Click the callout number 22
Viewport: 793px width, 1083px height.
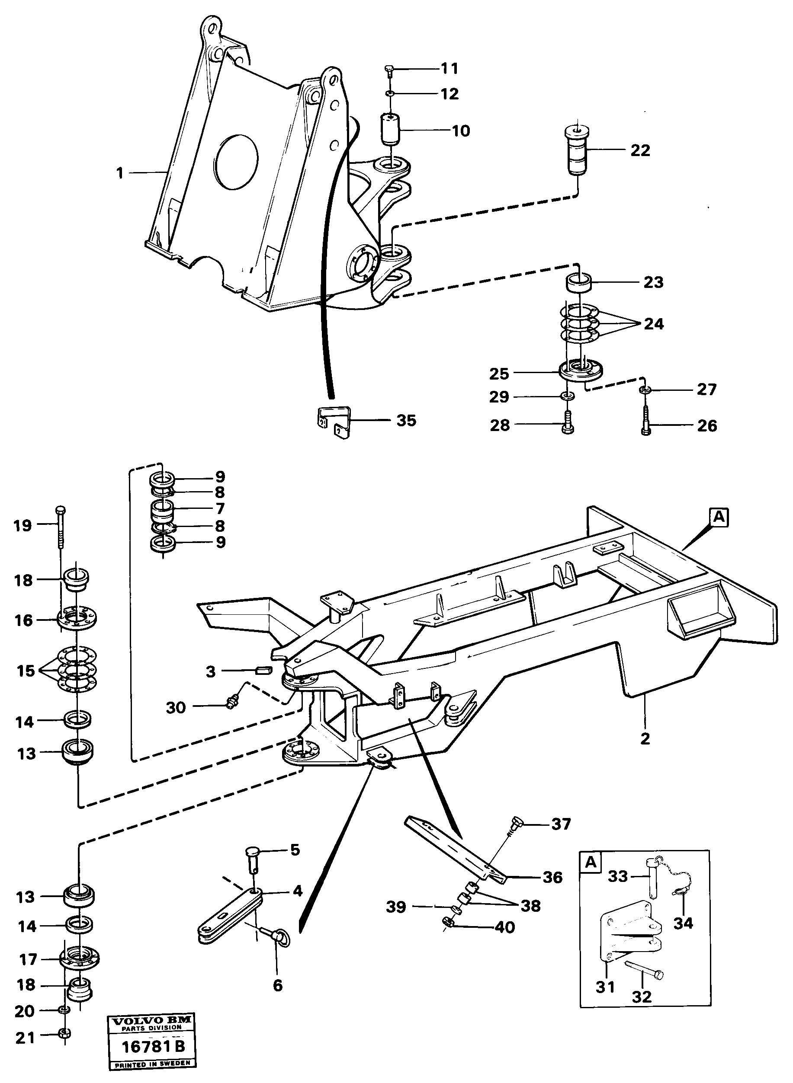point(640,150)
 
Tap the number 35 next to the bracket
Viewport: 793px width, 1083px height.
point(406,421)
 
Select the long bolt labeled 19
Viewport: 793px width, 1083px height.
point(61,527)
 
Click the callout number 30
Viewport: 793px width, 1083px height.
point(176,707)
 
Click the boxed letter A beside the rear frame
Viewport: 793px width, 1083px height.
point(719,518)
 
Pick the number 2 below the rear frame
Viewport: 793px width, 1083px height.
point(645,738)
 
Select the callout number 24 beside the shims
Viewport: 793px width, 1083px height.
point(653,324)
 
